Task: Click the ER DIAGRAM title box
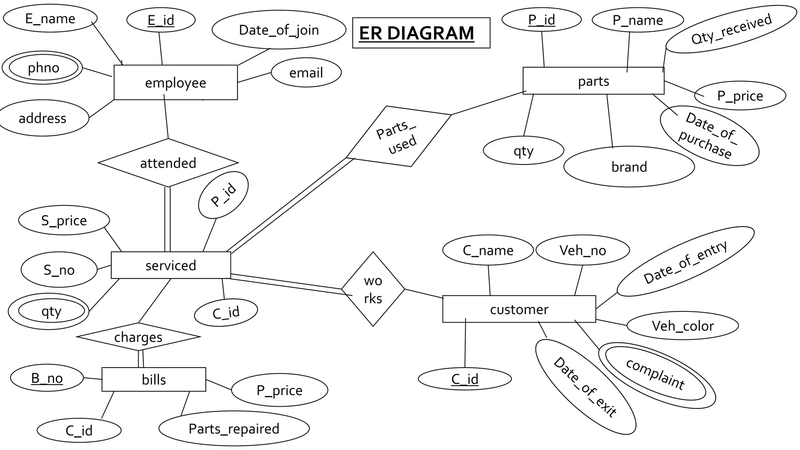click(x=421, y=33)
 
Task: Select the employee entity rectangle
click(x=175, y=82)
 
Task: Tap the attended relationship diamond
click(x=168, y=163)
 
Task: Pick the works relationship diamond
click(x=373, y=289)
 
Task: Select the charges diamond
click(x=138, y=337)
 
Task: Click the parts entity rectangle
click(x=593, y=81)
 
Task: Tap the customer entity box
click(x=519, y=309)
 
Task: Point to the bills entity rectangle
click(x=154, y=379)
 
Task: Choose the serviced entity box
click(x=171, y=265)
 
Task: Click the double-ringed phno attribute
click(x=43, y=68)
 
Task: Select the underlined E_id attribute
click(x=161, y=20)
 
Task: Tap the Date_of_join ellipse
click(x=279, y=30)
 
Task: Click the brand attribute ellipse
click(x=629, y=167)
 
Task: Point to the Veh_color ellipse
click(x=682, y=326)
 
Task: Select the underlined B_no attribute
click(x=46, y=378)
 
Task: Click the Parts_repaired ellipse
click(x=234, y=429)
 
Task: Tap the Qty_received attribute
click(x=731, y=29)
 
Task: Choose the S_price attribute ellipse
click(x=64, y=220)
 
